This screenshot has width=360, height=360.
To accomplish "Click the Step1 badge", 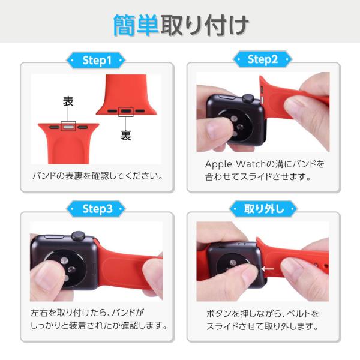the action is tap(96, 61).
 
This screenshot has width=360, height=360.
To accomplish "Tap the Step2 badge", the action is tap(263, 59).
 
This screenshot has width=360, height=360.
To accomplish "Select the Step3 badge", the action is tap(96, 209).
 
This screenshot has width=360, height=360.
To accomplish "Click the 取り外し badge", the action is tap(263, 209).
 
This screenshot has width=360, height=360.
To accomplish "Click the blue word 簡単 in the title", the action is tap(136, 25).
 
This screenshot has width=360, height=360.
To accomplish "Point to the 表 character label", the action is tap(68, 101).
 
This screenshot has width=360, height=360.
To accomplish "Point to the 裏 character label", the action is tap(126, 135).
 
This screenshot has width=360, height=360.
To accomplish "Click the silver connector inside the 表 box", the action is tap(68, 127).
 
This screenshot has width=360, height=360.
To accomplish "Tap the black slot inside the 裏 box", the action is tap(126, 111).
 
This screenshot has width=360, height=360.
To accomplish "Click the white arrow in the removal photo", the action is tap(268, 269).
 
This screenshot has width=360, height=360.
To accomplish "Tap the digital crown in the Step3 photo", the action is tap(78, 236).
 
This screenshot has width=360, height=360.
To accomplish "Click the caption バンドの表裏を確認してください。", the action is tap(98, 176).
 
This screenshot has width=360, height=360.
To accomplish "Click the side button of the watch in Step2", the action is tap(228, 97).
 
